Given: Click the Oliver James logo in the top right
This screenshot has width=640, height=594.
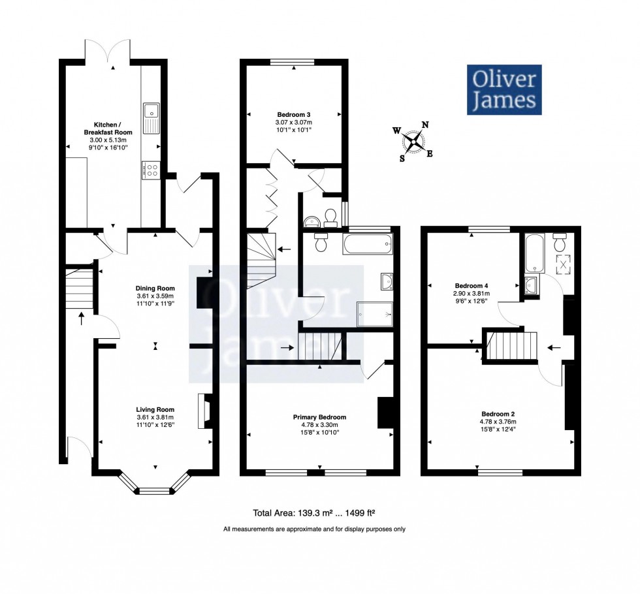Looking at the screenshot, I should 504,89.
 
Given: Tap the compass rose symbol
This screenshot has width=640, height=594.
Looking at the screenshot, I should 413,142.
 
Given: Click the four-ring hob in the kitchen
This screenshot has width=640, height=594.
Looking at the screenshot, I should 151,170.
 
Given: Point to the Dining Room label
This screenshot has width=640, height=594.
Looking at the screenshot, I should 155,289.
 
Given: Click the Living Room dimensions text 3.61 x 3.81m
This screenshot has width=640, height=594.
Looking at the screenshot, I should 155,418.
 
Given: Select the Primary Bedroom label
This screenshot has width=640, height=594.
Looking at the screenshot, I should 319,417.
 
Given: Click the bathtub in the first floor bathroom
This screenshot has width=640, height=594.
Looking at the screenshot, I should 368,245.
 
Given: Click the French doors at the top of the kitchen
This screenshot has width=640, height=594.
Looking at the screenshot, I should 112,52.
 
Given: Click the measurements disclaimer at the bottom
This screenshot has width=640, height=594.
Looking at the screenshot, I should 314,529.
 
